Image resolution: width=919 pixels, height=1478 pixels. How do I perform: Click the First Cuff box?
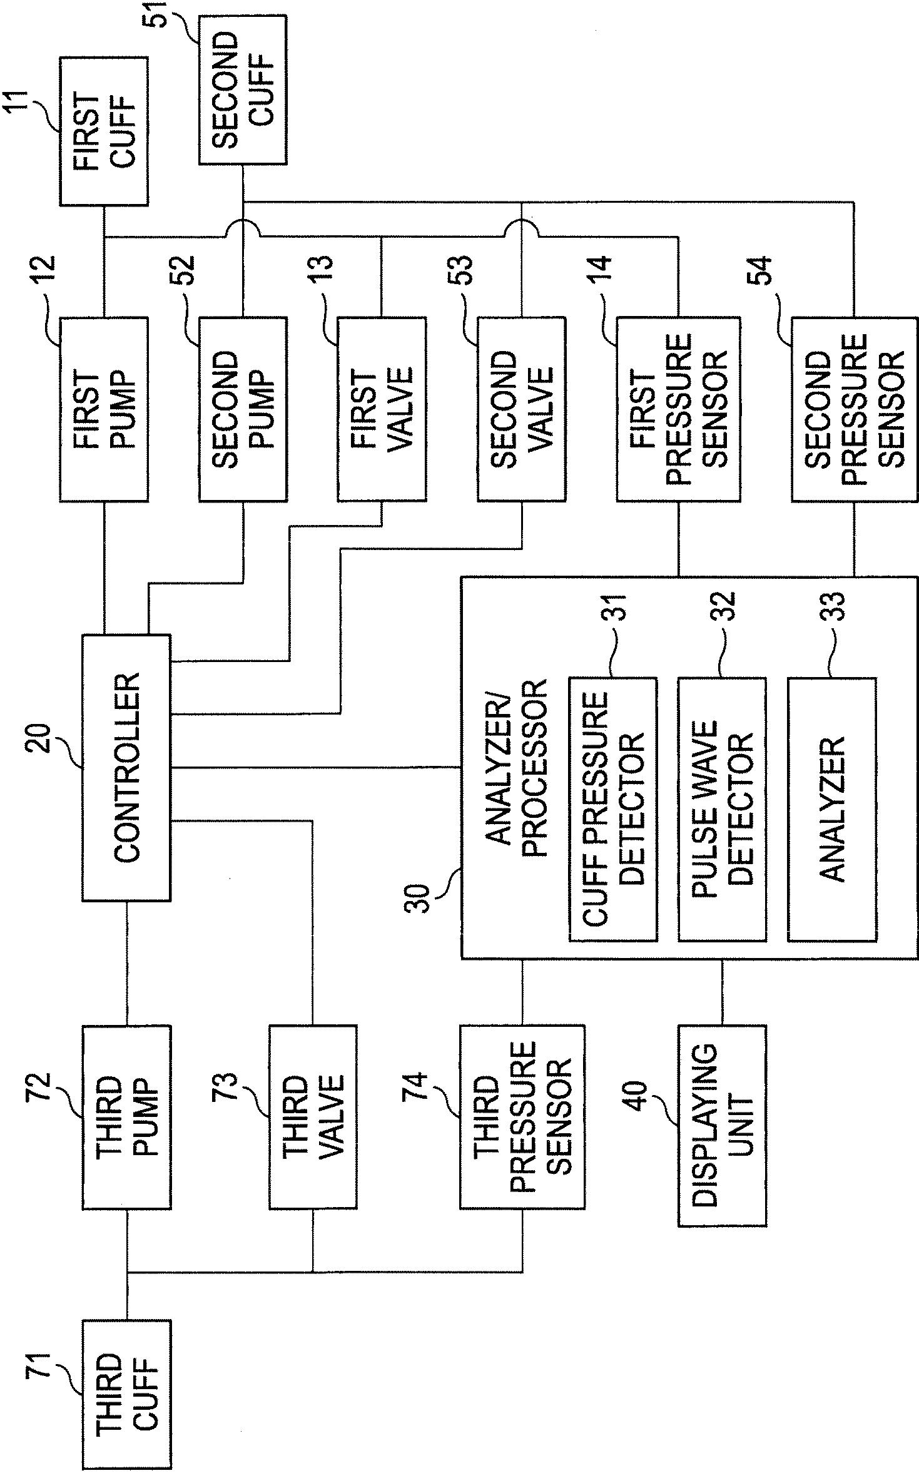pos(104,131)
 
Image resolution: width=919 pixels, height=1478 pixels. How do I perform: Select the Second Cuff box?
pos(243,90)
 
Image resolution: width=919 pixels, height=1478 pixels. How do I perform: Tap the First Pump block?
pos(104,409)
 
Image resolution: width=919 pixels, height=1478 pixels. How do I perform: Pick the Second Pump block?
pos(243,409)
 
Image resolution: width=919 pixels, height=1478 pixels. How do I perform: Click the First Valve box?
pos(382,409)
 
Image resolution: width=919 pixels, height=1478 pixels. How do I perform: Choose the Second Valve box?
pos(521,409)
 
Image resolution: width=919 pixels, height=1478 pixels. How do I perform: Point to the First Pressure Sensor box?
pos(679,409)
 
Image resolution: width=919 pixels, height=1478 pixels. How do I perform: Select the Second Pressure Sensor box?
pos(854,409)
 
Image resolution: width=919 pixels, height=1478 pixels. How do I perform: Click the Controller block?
pos(126,768)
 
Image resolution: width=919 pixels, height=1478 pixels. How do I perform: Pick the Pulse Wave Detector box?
pos(723,808)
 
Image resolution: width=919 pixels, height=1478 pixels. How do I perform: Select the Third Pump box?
pos(126,1117)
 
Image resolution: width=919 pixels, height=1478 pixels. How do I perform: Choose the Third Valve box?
pos(313,1117)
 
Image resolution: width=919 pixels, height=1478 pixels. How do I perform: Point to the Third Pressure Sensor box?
pos(522,1117)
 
